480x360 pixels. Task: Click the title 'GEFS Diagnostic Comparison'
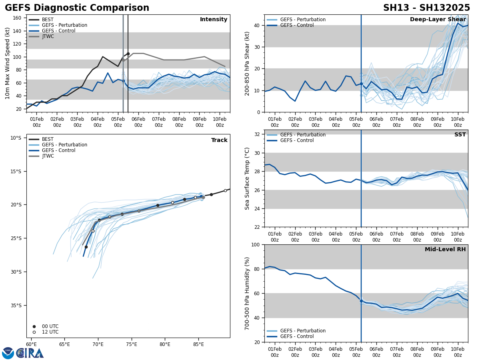[77, 8]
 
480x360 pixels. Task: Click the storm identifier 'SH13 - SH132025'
[426, 8]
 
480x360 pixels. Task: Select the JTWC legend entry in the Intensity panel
[48, 36]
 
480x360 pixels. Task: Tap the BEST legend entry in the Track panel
[48, 139]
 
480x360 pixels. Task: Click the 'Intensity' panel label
[213, 20]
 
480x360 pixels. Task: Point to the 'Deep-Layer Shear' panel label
[438, 20]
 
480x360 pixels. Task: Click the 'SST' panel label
[460, 135]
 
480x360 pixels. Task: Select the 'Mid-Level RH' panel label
[445, 250]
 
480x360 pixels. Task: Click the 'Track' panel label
[219, 140]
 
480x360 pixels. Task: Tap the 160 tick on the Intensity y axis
[17, 18]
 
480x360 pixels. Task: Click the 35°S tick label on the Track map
[16, 305]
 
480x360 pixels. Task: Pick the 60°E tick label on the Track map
[31, 344]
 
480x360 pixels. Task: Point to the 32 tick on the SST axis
[258, 134]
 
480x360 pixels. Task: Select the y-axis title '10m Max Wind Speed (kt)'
[8, 63]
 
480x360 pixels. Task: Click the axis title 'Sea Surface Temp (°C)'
[247, 178]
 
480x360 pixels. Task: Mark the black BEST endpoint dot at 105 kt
[128, 54]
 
